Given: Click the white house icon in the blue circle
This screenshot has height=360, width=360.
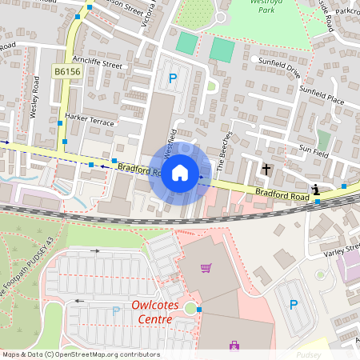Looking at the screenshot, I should pyautogui.click(x=180, y=172).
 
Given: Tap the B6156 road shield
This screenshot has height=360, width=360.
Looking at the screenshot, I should pyautogui.click(x=66, y=72).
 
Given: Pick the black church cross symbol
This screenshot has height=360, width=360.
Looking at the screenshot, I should pyautogui.click(x=266, y=170).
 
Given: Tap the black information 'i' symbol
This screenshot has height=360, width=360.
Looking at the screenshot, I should pyautogui.click(x=317, y=190).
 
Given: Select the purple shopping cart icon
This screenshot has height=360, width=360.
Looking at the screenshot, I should pyautogui.click(x=206, y=268).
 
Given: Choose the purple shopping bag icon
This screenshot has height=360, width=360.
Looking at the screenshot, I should pyautogui.click(x=234, y=346).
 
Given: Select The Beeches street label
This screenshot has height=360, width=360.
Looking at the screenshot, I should pyautogui.click(x=225, y=146).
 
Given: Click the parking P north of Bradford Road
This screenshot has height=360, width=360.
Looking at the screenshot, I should pyautogui.click(x=172, y=78).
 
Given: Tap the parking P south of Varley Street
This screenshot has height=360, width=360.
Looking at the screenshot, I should pyautogui.click(x=294, y=305).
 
